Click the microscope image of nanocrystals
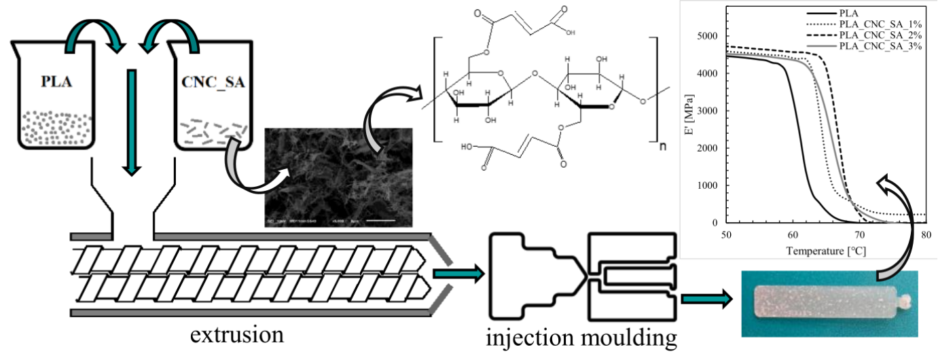[336, 178]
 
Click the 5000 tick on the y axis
[704, 36]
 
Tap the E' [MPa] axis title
[689, 129]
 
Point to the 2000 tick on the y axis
[704, 148]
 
